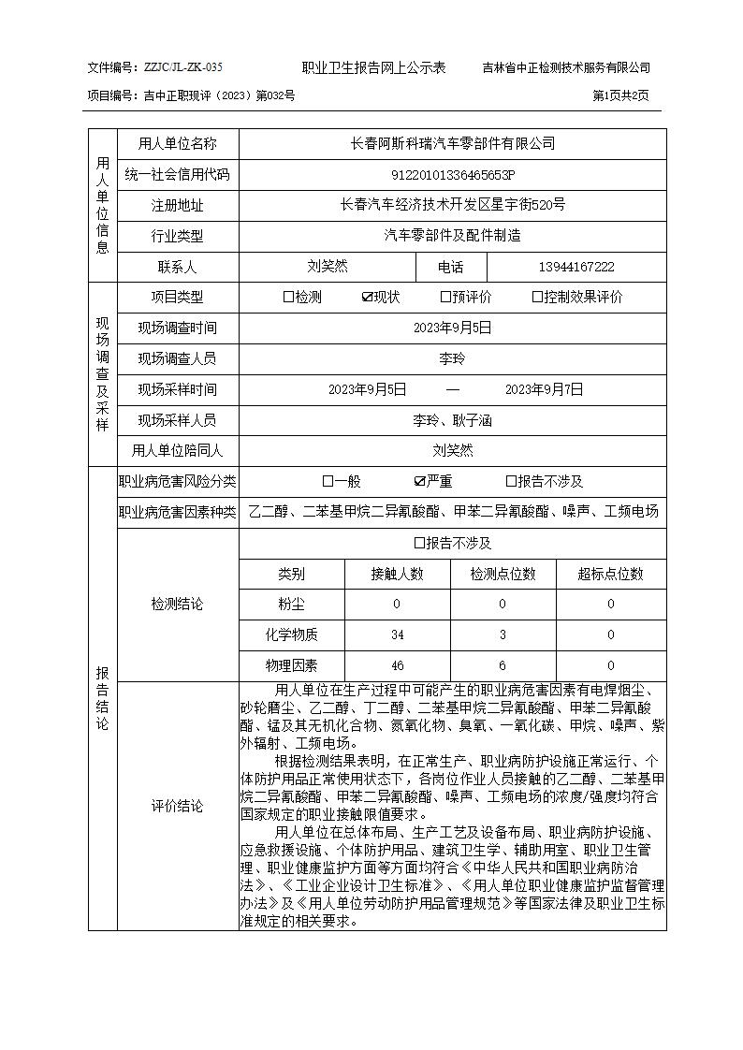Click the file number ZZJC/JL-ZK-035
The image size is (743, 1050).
(x=182, y=67)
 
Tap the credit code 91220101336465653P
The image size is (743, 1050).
(x=453, y=175)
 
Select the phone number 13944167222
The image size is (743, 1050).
(x=576, y=267)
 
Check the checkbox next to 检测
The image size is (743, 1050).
(x=288, y=298)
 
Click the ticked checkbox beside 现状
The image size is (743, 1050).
(x=367, y=298)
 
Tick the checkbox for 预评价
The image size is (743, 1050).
(x=445, y=298)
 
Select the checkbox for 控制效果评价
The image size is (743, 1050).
(x=537, y=298)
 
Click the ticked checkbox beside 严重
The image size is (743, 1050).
(x=419, y=482)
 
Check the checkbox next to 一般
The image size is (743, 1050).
(x=328, y=482)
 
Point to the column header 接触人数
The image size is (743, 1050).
(x=397, y=574)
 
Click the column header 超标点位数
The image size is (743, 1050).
(x=610, y=574)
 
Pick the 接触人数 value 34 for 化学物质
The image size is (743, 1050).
(x=397, y=635)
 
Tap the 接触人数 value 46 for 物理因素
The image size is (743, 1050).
(x=397, y=666)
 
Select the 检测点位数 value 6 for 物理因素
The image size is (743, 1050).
(x=503, y=666)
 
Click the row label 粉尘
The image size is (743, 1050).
(x=291, y=605)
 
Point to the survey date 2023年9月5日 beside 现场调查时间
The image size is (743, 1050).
(x=453, y=328)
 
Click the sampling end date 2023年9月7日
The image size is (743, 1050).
(x=544, y=389)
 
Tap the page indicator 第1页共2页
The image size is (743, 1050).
(x=620, y=95)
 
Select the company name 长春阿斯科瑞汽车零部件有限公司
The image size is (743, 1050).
(x=453, y=144)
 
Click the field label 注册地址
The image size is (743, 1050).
(x=178, y=206)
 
